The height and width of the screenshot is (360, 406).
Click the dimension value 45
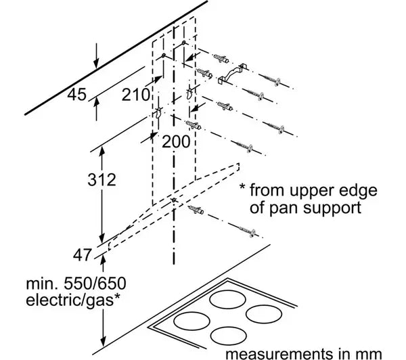76,95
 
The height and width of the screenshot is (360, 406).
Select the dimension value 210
135,95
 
